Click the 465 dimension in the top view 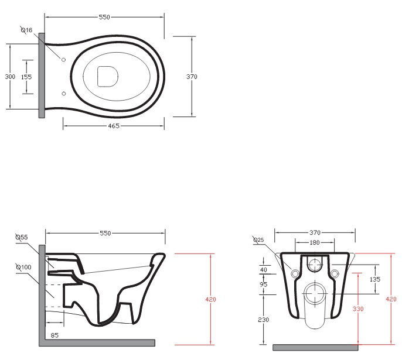click(x=114, y=126)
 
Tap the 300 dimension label click(x=10, y=76)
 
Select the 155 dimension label click(x=26, y=77)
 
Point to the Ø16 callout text click(x=26, y=30)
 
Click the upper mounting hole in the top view click(x=63, y=60)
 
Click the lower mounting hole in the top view click(x=63, y=94)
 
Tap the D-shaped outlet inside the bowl click(x=107, y=76)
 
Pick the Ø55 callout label click(x=22, y=237)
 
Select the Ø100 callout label click(x=23, y=267)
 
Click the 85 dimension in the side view click(x=54, y=335)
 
